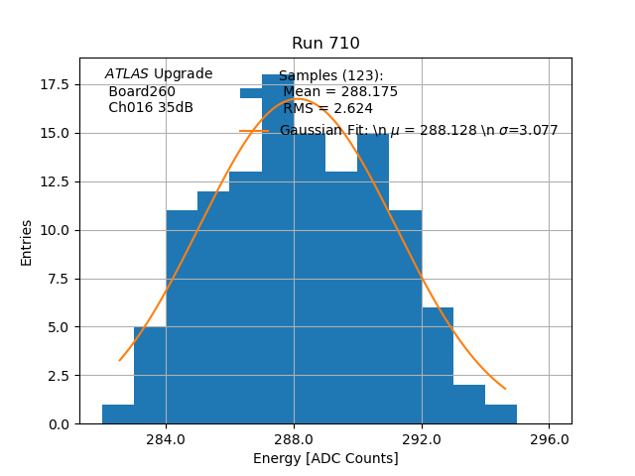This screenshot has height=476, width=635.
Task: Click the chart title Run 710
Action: point(325,44)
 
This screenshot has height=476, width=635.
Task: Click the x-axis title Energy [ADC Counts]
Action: point(325,458)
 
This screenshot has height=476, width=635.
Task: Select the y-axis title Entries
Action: point(27,242)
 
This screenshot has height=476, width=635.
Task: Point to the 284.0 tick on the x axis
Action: point(166,438)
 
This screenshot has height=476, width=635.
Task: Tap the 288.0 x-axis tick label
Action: point(294,438)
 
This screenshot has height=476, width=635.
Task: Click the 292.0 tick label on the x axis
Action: point(422,438)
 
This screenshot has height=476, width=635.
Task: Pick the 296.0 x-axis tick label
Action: point(549,438)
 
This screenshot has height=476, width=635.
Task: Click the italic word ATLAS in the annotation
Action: point(127,74)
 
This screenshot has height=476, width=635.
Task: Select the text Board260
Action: point(142,91)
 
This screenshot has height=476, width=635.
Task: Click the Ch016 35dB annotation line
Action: point(150,108)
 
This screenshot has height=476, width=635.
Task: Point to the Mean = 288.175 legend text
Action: point(339,91)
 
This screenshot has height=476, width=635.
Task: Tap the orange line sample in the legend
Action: point(254,131)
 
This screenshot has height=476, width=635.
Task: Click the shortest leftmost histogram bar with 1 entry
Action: point(118,415)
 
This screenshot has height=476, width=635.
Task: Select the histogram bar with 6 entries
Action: point(438,366)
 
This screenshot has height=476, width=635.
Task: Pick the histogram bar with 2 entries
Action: point(469,405)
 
